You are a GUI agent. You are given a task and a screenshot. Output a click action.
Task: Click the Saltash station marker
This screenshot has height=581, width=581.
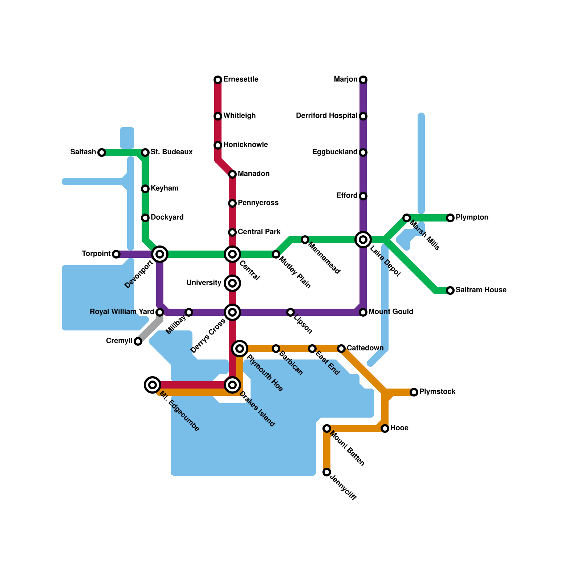click(x=102, y=153)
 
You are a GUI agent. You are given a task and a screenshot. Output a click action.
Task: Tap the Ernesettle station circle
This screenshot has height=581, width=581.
click(x=218, y=80)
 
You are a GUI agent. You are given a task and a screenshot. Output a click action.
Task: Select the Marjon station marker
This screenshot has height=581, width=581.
click(x=363, y=80)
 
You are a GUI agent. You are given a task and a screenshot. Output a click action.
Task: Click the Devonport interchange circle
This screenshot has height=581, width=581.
click(x=160, y=254)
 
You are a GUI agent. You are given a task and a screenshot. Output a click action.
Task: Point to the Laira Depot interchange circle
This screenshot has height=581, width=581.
click(x=363, y=240)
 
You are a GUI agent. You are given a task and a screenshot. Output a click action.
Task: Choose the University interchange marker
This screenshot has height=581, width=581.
click(x=232, y=283)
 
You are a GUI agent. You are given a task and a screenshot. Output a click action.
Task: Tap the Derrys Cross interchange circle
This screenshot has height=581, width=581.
click(x=232, y=312)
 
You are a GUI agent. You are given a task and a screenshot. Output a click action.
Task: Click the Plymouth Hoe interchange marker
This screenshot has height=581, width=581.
click(x=240, y=349)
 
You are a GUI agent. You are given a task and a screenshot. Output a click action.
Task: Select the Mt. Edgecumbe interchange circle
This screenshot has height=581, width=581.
click(x=153, y=385)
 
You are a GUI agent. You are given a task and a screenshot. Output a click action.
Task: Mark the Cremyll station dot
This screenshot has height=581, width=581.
click(x=138, y=341)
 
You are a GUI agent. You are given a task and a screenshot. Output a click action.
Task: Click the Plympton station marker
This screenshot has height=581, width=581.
click(x=450, y=218)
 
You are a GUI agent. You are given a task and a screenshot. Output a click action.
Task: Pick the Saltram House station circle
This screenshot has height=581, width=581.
click(x=450, y=290)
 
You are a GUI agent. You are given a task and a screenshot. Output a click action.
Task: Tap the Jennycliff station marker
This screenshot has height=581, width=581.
click(x=327, y=472)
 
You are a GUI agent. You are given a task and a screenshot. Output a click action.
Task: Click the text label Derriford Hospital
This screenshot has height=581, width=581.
click(x=326, y=116)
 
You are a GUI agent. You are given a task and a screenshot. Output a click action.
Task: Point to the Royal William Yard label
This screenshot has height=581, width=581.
click(x=122, y=312)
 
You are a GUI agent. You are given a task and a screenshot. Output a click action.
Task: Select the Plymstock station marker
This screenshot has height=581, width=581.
click(x=414, y=392)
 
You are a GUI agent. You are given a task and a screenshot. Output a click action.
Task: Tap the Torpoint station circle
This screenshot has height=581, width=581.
click(x=116, y=254)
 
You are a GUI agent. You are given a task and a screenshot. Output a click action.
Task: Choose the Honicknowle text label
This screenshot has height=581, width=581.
click(x=245, y=145)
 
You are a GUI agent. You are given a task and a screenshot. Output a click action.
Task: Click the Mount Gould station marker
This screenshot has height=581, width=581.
click(x=363, y=312)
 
